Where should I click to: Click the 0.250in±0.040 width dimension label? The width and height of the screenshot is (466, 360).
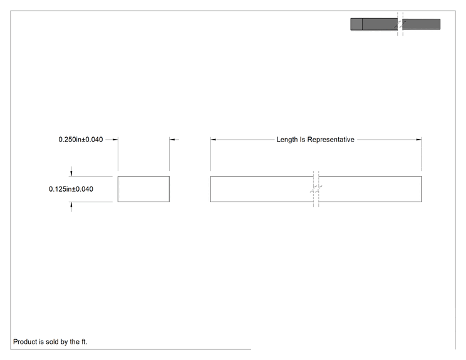pyautogui.click(x=81, y=140)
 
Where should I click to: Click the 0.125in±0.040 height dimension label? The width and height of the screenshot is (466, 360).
pyautogui.click(x=71, y=189)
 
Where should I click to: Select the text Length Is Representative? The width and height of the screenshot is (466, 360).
pyautogui.click(x=315, y=140)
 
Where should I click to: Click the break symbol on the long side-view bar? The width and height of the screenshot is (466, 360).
pyautogui.click(x=316, y=189)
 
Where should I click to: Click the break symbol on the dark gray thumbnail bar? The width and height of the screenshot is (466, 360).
pyautogui.click(x=400, y=24)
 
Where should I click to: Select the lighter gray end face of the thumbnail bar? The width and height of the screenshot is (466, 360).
pyautogui.click(x=356, y=24)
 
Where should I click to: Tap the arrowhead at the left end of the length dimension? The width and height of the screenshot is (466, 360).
pyautogui.click(x=213, y=140)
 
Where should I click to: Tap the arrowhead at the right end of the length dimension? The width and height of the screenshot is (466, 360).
pyautogui.click(x=419, y=140)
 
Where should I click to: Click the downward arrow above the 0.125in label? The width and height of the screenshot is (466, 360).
pyautogui.click(x=71, y=172)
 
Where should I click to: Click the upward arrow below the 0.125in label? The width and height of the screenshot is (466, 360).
pyautogui.click(x=71, y=207)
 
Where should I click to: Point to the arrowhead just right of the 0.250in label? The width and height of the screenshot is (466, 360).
pyautogui.click(x=115, y=140)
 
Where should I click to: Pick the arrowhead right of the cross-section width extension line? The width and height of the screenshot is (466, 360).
pyautogui.click(x=172, y=140)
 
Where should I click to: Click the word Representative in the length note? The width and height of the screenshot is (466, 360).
pyautogui.click(x=331, y=140)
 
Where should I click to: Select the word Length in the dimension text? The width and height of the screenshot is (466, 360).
pyautogui.click(x=287, y=140)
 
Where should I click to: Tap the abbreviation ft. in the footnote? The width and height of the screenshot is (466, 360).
pyautogui.click(x=85, y=342)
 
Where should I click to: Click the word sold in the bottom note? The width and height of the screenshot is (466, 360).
pyautogui.click(x=52, y=342)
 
